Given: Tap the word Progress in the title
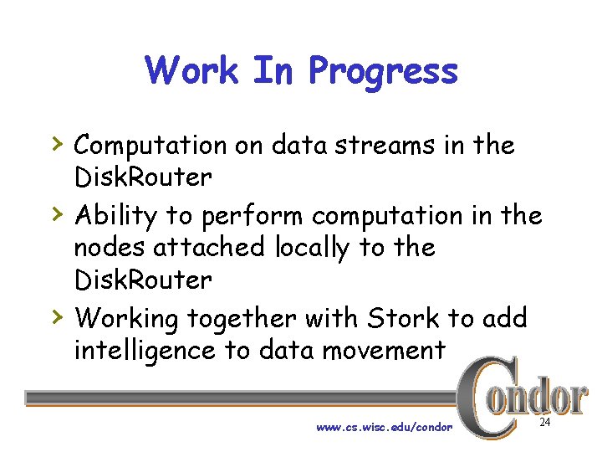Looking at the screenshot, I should [x=383, y=72].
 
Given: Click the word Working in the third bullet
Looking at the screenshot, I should [x=126, y=319].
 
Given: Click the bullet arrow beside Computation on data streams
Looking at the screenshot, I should [x=56, y=144].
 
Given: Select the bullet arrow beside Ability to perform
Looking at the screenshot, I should [x=56, y=214].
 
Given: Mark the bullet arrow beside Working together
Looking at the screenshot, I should [x=56, y=317].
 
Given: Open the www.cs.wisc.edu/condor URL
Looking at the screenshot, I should [x=384, y=428].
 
